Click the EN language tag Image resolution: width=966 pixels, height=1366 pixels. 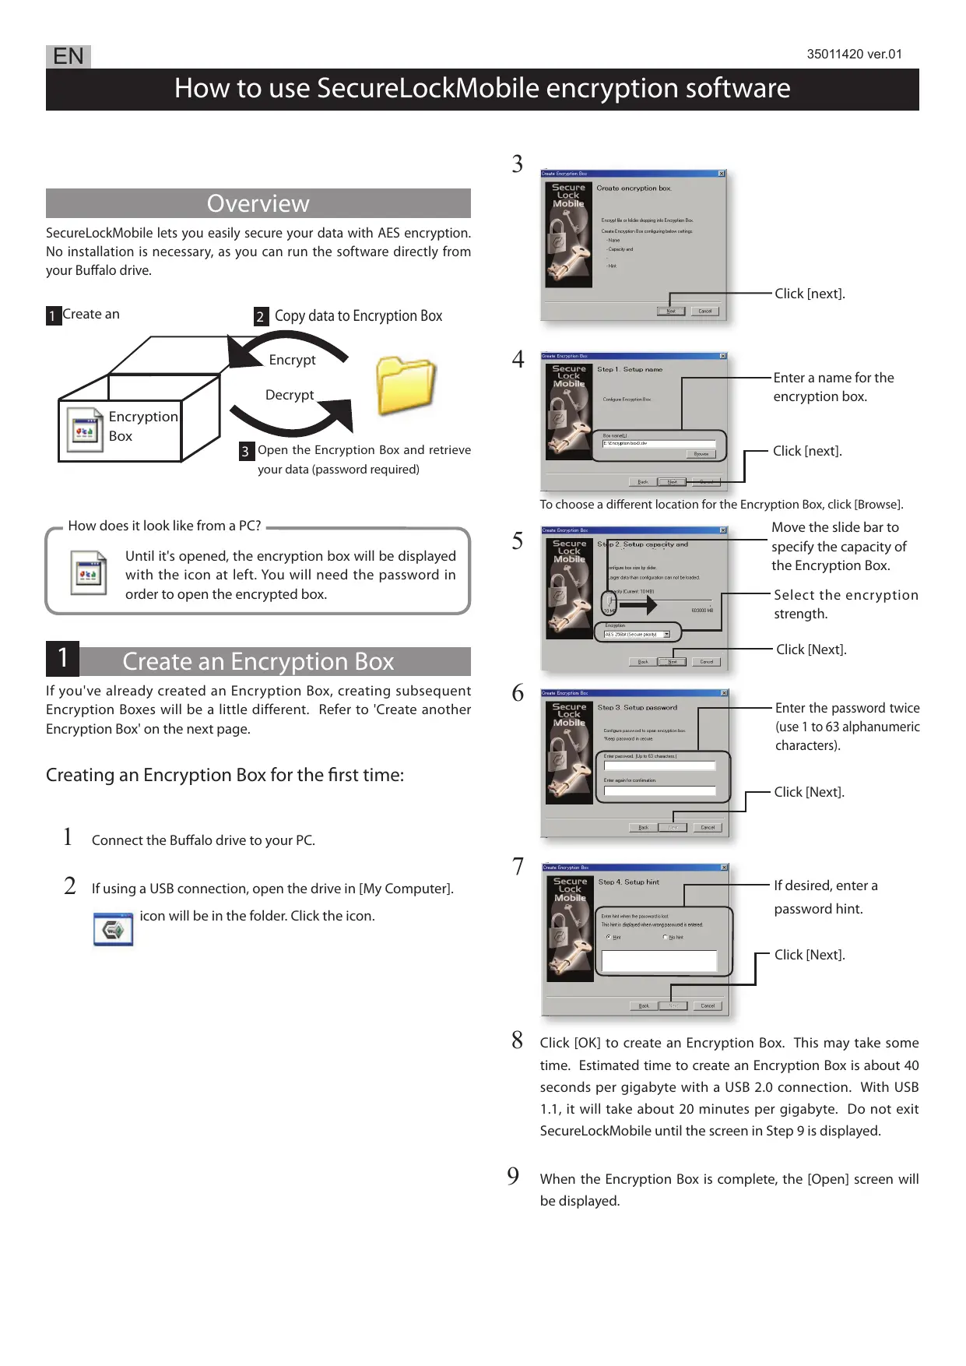68,56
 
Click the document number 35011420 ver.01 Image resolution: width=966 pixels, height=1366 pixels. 854,55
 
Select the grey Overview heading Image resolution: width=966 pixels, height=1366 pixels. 258,203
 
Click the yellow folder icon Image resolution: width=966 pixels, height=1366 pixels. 405,386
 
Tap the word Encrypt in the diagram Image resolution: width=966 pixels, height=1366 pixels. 292,360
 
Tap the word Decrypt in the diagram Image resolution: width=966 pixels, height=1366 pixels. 290,395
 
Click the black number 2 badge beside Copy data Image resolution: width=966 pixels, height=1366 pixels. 261,316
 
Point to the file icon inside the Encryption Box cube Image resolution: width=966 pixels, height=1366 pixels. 84,429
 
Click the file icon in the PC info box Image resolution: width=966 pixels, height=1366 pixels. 88,573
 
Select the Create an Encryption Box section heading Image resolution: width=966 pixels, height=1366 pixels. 258,661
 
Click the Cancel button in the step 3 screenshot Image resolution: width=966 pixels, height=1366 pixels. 704,311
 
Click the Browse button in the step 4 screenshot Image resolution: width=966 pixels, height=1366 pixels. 701,454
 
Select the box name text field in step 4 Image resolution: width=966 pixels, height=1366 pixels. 659,443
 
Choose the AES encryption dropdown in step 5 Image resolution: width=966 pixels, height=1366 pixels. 637,635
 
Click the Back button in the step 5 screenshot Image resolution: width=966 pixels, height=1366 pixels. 643,662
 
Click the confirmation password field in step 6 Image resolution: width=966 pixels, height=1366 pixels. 659,790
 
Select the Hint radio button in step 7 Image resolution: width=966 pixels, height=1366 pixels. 609,937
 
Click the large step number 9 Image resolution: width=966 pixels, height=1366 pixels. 513,1176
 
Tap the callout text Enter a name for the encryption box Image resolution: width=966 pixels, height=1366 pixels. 833,387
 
